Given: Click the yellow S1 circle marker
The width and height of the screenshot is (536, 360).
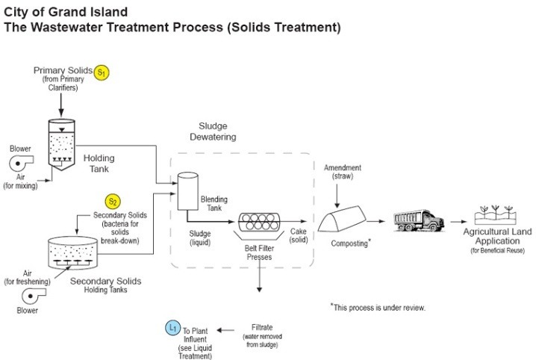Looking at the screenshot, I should (x=102, y=72).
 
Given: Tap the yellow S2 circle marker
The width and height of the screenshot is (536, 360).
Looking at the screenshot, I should (x=113, y=202).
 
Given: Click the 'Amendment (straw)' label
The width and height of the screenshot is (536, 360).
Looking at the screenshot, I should (x=342, y=173).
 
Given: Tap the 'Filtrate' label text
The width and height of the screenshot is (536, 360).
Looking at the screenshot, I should (x=261, y=327).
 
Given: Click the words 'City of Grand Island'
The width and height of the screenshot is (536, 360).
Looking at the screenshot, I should (x=65, y=13).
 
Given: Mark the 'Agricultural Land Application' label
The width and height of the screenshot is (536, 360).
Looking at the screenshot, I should (x=497, y=237).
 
